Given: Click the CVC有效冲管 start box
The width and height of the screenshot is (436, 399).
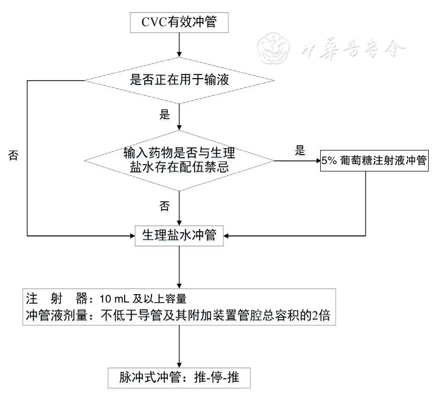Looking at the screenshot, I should (x=179, y=24).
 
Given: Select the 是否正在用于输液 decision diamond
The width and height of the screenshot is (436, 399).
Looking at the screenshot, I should (x=179, y=80).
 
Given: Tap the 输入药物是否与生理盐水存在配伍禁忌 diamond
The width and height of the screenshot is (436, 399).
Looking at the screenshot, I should (x=179, y=160).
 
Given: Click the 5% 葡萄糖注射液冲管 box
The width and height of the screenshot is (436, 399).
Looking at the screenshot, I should (x=375, y=162).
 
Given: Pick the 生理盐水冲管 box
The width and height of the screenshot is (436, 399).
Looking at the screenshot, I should (x=179, y=235).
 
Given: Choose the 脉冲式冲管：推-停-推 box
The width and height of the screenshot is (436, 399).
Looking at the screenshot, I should (x=179, y=376).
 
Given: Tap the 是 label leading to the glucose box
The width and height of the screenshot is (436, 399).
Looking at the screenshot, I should (x=300, y=152).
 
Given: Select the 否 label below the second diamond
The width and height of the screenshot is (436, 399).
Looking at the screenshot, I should (x=164, y=206).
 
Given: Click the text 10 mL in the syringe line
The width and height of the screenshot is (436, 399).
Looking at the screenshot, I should (x=113, y=299).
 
